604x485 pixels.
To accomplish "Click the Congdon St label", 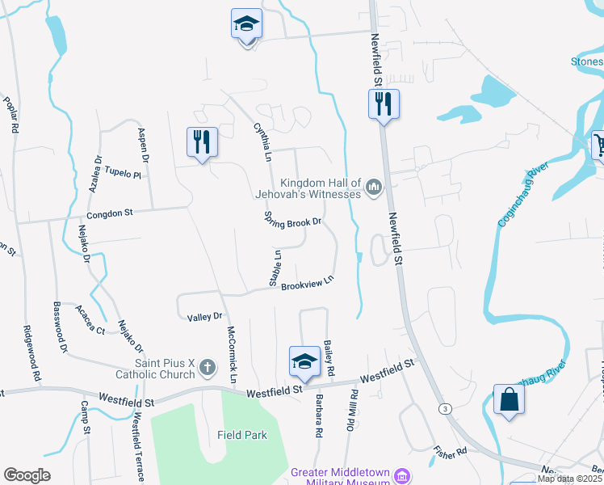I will tap(109, 214).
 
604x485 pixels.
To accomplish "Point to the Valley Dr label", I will tap(204, 317).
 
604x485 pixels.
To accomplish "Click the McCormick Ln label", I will tap(230, 353).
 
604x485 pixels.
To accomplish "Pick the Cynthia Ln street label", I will tap(262, 141).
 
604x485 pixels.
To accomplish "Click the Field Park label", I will tap(241, 435).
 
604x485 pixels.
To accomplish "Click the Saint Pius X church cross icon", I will tap(207, 368).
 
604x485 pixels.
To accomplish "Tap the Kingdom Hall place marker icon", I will tap(373, 188).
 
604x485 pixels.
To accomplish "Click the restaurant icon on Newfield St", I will tap(383, 103).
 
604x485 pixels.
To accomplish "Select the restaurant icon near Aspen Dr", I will tap(200, 141).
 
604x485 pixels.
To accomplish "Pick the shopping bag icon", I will tap(509, 399).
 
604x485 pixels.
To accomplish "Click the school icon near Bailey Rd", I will tap(304, 361).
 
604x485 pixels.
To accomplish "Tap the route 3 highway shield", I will tap(445, 409).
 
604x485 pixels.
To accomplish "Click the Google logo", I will tap(27, 475).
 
